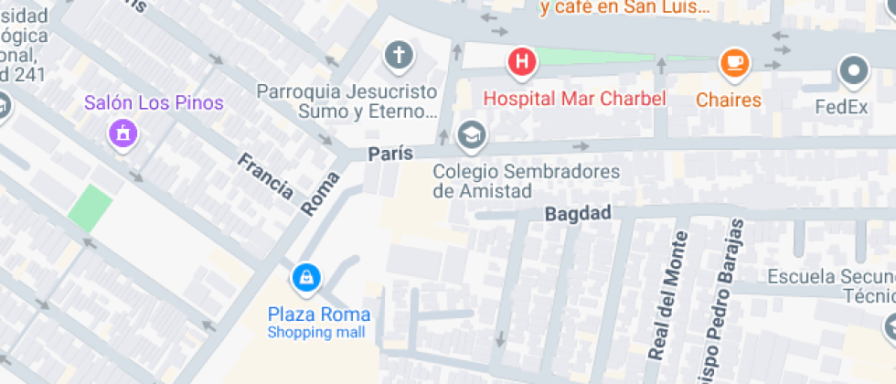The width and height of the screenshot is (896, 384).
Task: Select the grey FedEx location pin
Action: (x=854, y=70)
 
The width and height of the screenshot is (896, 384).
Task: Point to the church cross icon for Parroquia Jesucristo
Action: (x=399, y=56)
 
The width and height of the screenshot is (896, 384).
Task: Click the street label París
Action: (x=390, y=154)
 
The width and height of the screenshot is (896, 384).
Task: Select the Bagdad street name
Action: (x=577, y=214)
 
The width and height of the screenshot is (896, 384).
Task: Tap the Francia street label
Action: (x=265, y=176)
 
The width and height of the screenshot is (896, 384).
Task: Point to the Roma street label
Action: (x=320, y=193)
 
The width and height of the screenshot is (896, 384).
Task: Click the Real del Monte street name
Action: (x=667, y=294)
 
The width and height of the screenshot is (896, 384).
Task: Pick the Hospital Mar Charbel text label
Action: (x=574, y=99)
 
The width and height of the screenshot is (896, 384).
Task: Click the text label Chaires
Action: (x=729, y=100)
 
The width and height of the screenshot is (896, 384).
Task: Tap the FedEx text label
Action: (x=841, y=107)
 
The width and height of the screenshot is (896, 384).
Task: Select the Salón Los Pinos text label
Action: (x=154, y=102)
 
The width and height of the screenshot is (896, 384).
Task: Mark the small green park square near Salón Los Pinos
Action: (x=91, y=207)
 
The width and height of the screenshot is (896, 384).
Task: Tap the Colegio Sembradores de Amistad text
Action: (x=526, y=181)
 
